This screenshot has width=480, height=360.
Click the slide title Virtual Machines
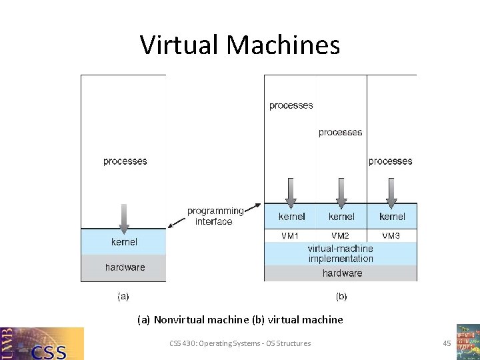click(240, 45)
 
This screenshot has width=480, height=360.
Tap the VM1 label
click(291, 235)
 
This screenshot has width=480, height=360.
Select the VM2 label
click(341, 235)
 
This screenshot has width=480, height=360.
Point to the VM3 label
click(391, 235)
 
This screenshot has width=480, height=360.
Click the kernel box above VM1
click(291, 216)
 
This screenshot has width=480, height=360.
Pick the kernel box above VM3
click(392, 216)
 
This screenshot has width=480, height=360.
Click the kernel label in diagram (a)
click(125, 241)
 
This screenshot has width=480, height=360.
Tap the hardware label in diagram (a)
click(125, 267)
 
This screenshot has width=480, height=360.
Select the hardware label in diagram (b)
click(342, 273)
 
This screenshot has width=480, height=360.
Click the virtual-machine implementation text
click(341, 253)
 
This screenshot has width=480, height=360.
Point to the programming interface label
click(215, 216)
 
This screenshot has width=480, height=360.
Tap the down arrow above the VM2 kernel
click(341, 192)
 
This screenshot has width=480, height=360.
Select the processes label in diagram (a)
click(125, 161)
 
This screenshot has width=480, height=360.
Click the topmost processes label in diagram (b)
click(291, 105)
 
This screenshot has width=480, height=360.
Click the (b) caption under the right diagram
click(341, 295)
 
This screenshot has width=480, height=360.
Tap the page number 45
click(447, 343)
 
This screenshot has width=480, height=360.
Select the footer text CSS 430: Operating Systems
click(240, 343)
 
